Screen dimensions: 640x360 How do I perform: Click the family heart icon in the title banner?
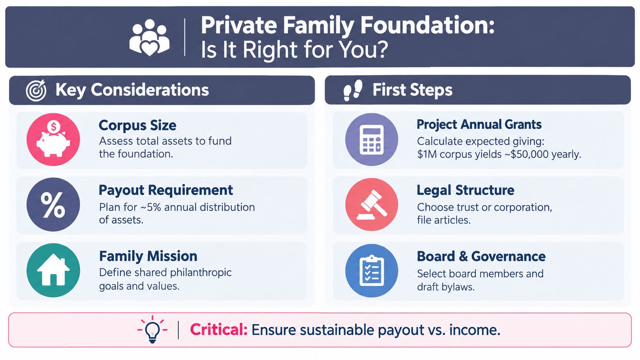click(x=149, y=37)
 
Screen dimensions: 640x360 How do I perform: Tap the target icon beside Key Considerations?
click(x=36, y=90)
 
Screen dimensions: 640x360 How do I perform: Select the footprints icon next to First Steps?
click(x=353, y=90)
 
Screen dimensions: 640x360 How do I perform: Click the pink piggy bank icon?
click(x=53, y=139)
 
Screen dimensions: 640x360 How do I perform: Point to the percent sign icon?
click(x=53, y=204)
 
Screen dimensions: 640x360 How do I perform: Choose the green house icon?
click(x=53, y=270)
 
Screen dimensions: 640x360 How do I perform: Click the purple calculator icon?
click(x=371, y=139)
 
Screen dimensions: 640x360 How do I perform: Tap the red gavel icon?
click(x=371, y=204)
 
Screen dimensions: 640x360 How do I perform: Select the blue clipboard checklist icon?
click(x=371, y=270)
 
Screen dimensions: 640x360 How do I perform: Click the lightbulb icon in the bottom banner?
click(x=152, y=329)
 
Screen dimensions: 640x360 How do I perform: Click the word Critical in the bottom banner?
click(x=219, y=330)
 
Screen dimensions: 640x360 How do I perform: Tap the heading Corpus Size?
click(x=137, y=125)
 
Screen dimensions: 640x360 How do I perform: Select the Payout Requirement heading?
click(x=166, y=190)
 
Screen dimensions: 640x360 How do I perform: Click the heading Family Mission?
click(x=148, y=256)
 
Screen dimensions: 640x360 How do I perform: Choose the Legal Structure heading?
click(x=465, y=190)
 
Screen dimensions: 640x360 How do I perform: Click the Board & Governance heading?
click(x=481, y=256)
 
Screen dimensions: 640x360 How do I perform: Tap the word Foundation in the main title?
click(x=428, y=25)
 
